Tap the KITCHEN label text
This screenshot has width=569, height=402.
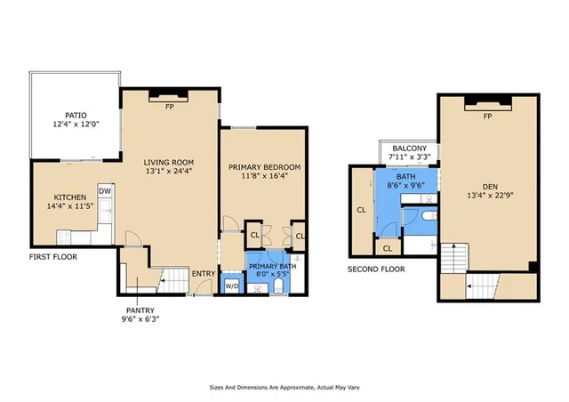69,197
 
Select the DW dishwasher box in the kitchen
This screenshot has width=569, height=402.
105,191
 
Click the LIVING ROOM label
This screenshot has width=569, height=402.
169,162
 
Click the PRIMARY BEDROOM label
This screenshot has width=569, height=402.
264,167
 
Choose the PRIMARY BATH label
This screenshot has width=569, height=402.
272,266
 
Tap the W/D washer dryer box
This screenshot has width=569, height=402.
231,285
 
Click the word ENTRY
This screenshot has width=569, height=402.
204,273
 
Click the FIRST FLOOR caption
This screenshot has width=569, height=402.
52,256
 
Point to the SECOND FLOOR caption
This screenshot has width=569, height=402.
376,269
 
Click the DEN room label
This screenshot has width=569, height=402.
490,186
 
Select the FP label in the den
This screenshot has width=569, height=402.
487,117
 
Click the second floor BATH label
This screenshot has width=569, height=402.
406,177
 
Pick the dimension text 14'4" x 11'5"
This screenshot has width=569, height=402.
69,207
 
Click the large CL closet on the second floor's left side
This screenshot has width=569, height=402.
362,210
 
